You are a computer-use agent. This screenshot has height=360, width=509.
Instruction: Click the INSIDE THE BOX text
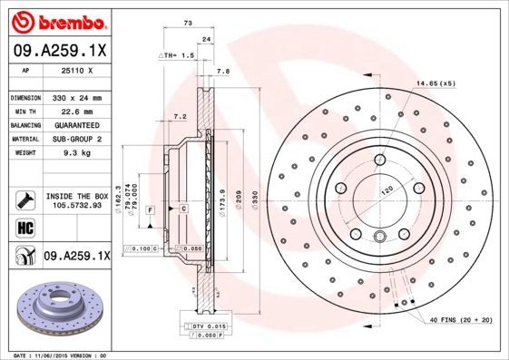(x=76, y=196)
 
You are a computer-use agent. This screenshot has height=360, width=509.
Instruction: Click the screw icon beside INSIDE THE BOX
(x=24, y=199)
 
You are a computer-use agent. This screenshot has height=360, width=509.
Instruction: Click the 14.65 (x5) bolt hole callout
(x=436, y=83)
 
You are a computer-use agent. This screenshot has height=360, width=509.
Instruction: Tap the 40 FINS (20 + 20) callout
(x=461, y=321)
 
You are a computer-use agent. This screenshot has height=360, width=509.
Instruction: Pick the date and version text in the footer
(x=54, y=355)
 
